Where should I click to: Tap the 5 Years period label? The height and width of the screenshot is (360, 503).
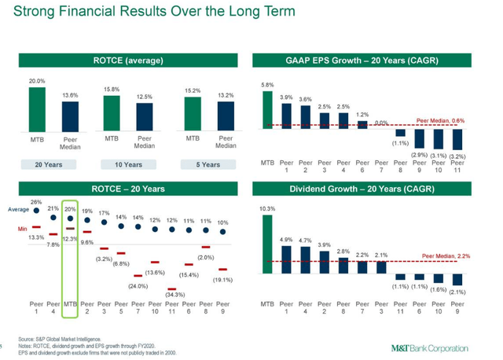pos(208,164)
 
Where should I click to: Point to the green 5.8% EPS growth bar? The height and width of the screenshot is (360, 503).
pos(269,110)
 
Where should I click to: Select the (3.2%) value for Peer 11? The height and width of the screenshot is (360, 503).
pos(459,157)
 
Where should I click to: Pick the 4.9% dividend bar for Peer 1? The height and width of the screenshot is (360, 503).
pos(287,259)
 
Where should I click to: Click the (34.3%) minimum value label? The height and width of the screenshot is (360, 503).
pos(174,293)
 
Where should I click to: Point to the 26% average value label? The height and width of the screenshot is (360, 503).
pos(36,203)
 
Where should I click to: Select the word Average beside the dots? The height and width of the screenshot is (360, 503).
pos(18,210)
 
